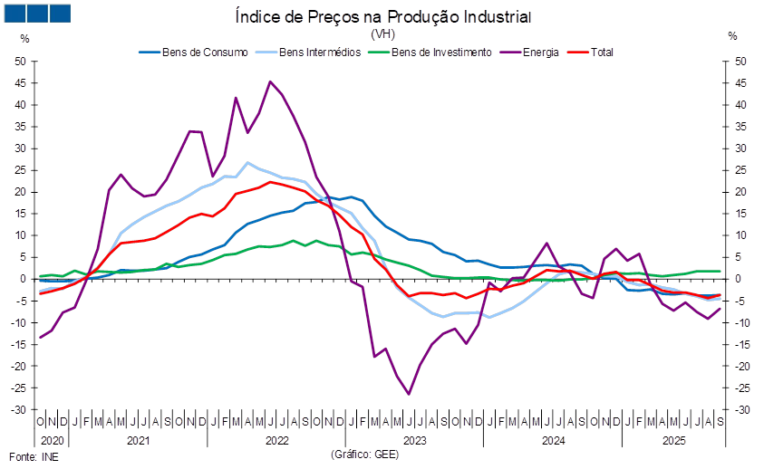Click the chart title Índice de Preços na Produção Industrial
tap(383, 16)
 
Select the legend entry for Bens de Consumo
tap(193, 53)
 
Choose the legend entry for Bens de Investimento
tap(430, 53)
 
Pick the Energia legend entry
tap(529, 53)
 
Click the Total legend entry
tap(590, 53)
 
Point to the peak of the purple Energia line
tap(270, 81)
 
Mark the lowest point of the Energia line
tap(409, 394)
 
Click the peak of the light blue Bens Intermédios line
tap(247, 162)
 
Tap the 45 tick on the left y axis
tap(20, 82)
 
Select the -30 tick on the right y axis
tap(740, 410)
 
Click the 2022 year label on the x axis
tap(276, 441)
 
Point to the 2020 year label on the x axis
tap(53, 441)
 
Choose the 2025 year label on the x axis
tap(674, 441)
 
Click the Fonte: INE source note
tap(34, 457)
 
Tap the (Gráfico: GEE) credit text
tap(365, 455)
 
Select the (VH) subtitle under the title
tap(383, 34)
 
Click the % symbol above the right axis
tap(732, 35)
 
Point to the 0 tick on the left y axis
tap(23, 279)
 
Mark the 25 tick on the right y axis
tap(740, 170)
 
